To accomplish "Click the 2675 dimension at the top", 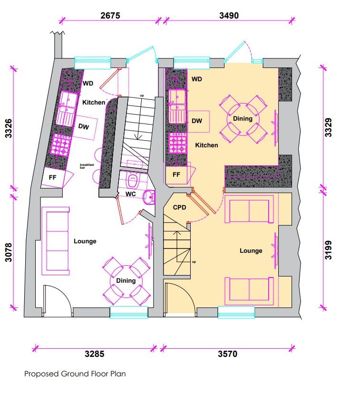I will (110, 15).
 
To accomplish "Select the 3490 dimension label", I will (228, 15).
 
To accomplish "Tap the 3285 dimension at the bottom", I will (94, 355).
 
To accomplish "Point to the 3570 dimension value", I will (227, 355).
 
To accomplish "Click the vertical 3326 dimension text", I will (8, 129).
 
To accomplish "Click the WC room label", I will (131, 195).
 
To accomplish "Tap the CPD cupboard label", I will (179, 208).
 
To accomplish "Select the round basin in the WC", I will (149, 197).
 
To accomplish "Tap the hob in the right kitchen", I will (177, 143).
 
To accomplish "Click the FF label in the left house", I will (53, 178).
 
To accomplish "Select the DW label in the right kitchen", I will (197, 121).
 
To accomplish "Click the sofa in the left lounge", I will (56, 241).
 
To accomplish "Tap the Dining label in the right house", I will (243, 118).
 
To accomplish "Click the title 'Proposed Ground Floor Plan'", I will (75, 374).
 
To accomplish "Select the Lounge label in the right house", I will (251, 250).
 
